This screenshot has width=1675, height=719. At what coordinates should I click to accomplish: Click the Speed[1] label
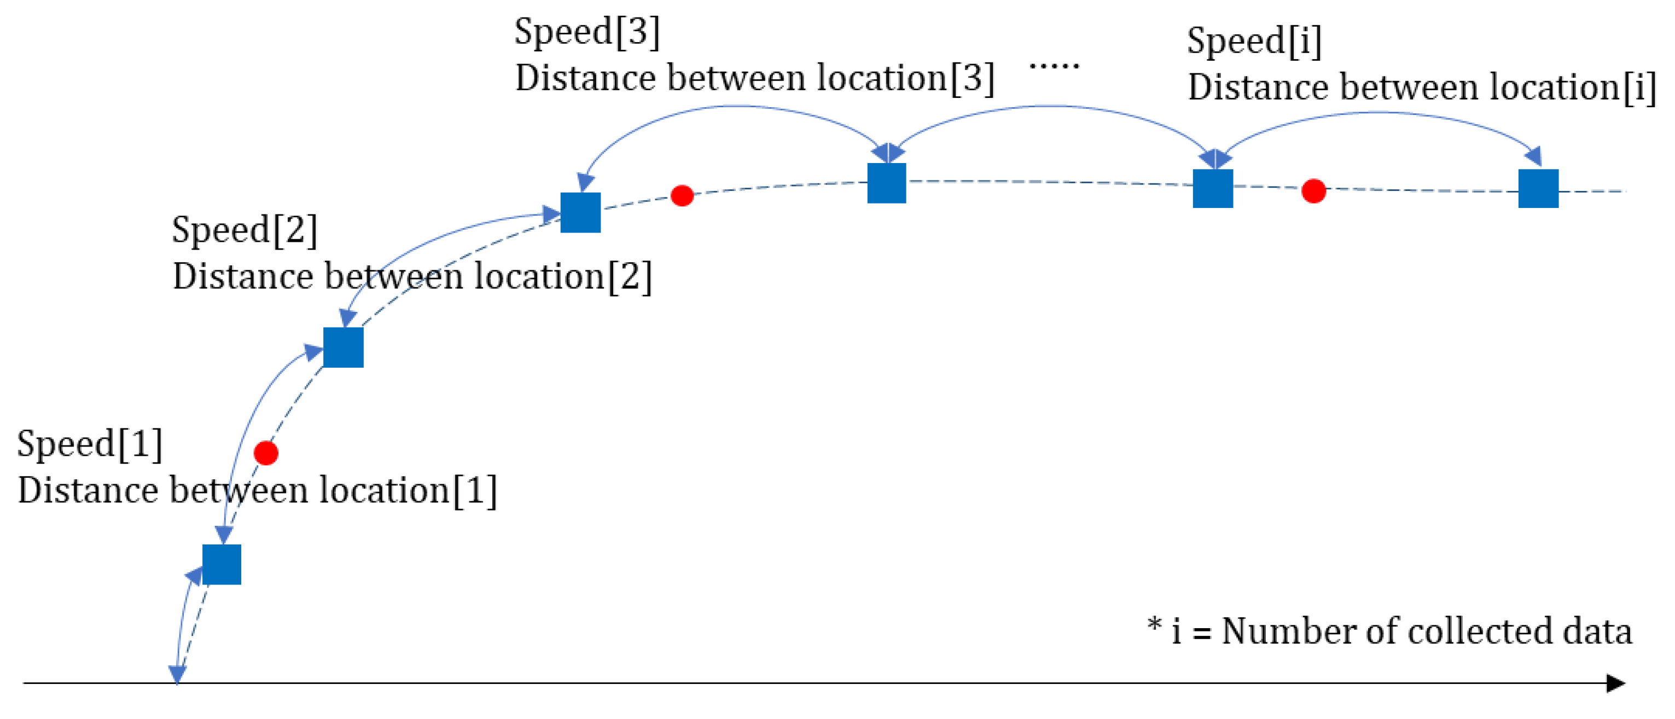(x=90, y=444)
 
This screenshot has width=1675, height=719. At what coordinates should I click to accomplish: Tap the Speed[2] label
(x=245, y=230)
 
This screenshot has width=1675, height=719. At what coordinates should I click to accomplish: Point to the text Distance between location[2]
(x=411, y=276)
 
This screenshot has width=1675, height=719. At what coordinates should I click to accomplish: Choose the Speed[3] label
(x=586, y=31)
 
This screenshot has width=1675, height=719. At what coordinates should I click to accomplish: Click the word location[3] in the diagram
(x=905, y=78)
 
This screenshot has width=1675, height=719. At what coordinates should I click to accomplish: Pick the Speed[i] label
(x=1254, y=41)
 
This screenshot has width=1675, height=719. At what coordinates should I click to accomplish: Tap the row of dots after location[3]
(x=1054, y=65)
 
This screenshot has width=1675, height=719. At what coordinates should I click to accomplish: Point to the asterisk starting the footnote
(x=1154, y=625)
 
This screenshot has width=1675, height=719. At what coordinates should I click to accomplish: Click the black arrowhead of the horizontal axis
(x=1615, y=683)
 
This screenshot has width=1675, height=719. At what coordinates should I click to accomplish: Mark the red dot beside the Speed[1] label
(x=266, y=453)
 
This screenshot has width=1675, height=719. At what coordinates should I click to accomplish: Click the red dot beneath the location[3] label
(x=682, y=195)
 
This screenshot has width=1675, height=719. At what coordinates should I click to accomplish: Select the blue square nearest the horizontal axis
(x=222, y=564)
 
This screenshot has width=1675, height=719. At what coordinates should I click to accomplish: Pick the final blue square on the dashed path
(x=1538, y=189)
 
